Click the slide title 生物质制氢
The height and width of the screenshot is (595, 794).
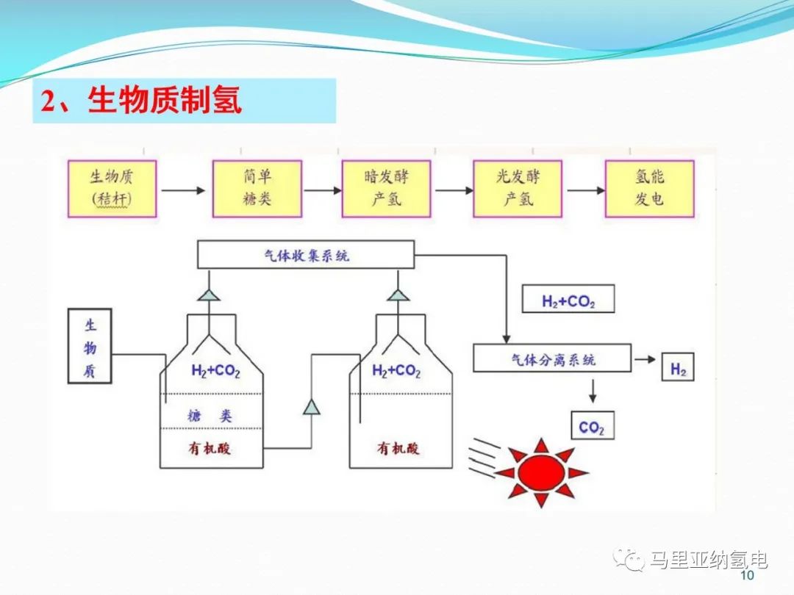165,101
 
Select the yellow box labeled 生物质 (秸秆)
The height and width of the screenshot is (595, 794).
112,188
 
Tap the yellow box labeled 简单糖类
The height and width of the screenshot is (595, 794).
257,188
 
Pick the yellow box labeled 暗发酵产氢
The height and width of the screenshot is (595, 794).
386,188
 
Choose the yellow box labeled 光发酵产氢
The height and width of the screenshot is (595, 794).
518,188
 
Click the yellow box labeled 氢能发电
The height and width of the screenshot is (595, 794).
648,188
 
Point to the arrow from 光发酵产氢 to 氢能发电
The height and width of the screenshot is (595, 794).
585,190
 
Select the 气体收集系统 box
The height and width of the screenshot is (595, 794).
307,256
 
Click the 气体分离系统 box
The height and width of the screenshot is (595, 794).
552,359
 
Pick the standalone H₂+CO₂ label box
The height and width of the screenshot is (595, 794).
568,301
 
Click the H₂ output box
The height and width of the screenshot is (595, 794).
678,369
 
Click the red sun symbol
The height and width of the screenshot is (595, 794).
540,470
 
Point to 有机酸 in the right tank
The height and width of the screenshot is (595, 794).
398,447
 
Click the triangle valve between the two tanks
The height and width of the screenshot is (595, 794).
312,406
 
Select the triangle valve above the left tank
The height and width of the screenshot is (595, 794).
211,294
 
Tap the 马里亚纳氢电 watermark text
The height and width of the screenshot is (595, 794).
709,560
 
